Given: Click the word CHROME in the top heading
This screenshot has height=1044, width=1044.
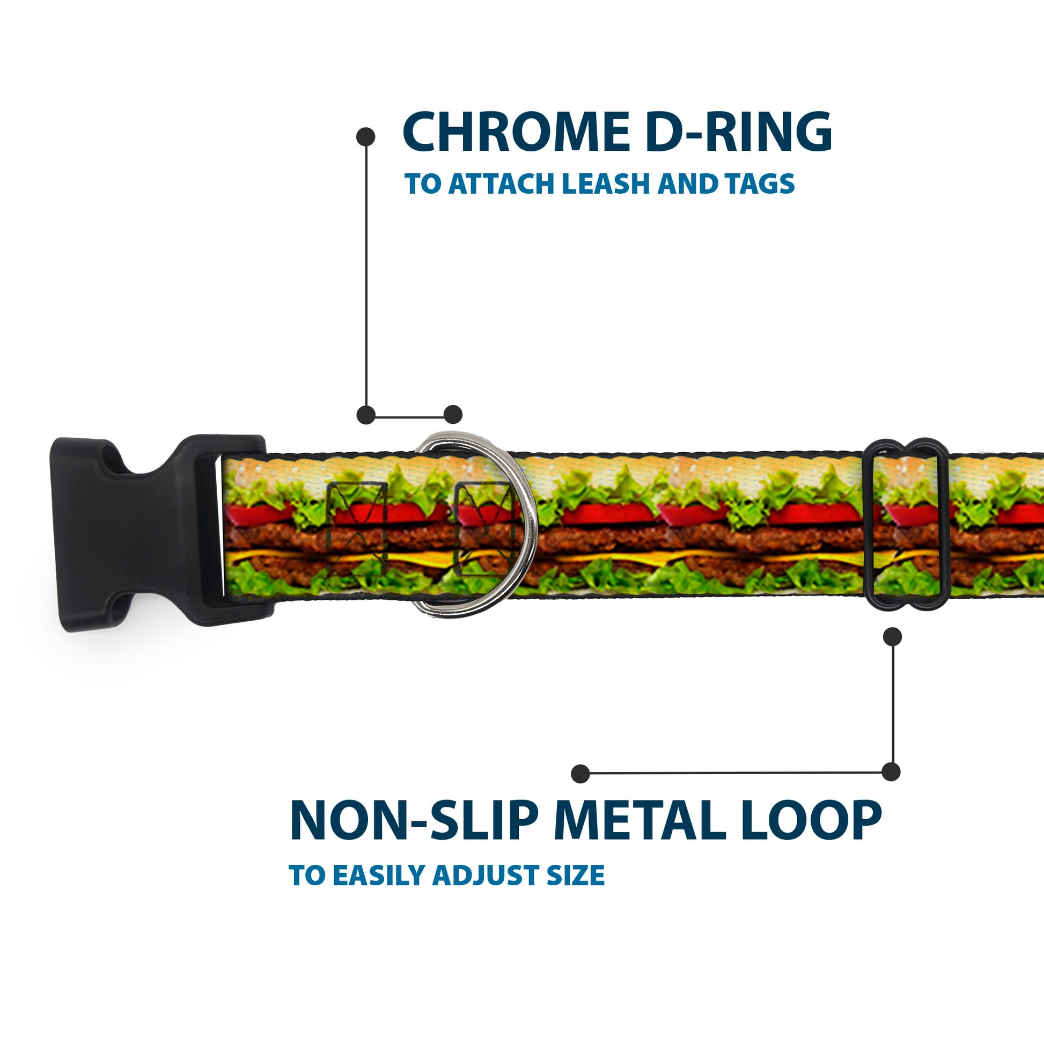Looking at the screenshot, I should click(516, 133).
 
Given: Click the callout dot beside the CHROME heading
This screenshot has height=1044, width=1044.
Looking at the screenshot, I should click(366, 137).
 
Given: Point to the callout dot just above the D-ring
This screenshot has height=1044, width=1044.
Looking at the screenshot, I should click(453, 415).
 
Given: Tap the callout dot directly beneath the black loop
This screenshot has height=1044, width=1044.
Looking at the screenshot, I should click(892, 637).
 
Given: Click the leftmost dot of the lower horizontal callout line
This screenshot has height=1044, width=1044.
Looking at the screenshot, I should click(580, 773).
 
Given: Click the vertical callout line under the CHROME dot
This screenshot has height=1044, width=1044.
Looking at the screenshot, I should click(366, 276).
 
